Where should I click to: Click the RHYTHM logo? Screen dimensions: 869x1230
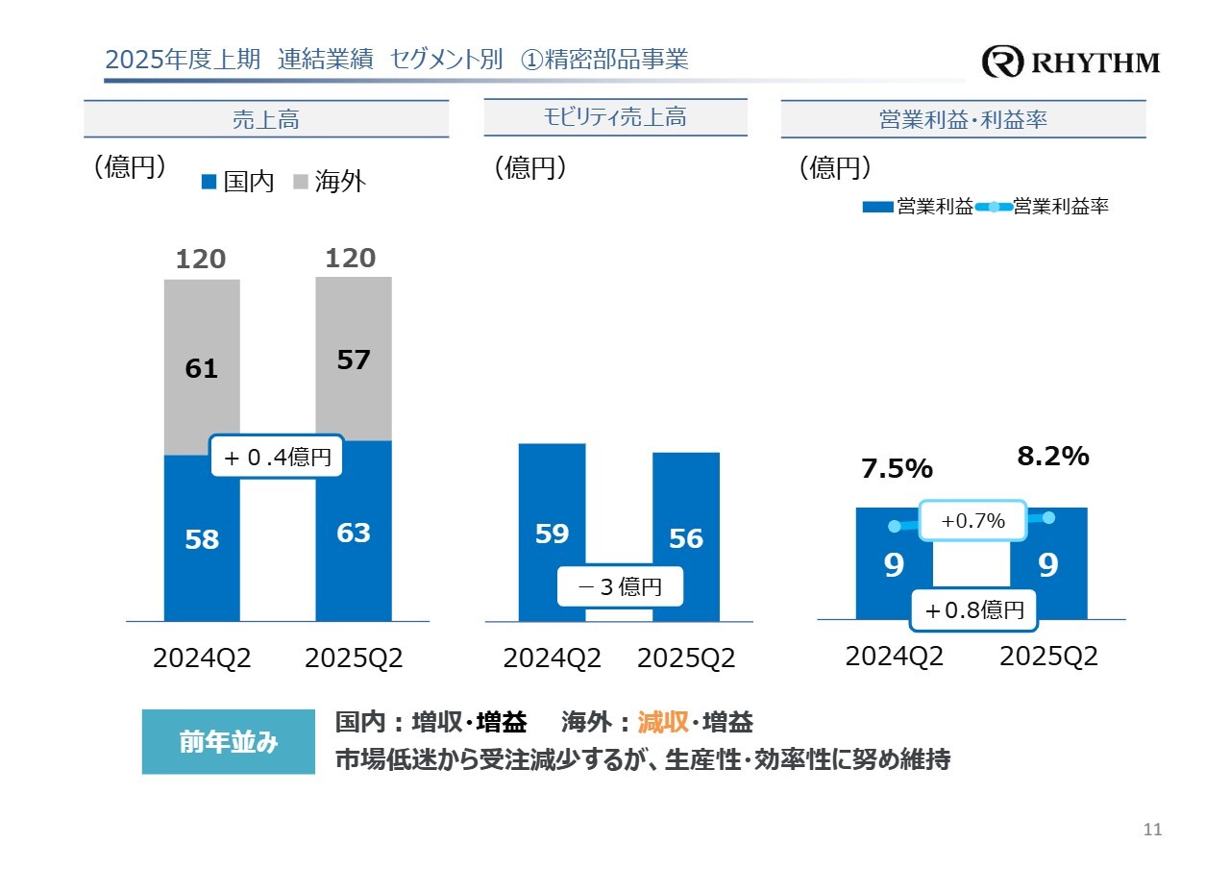[1070, 63]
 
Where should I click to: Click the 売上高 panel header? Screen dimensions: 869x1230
[266, 119]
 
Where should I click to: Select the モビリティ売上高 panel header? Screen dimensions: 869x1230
[615, 117]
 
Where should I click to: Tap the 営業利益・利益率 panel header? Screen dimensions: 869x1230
[963, 119]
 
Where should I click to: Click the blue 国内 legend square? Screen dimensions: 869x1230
[209, 181]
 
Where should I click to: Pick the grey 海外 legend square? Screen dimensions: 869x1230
[300, 181]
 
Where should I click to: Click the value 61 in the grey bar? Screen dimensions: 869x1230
[202, 368]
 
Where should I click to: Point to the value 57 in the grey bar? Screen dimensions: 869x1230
[354, 360]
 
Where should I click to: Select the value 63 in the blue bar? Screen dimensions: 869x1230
[354, 533]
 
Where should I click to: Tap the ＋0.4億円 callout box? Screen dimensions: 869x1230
[277, 458]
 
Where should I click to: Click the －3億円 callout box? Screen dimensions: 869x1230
[621, 586]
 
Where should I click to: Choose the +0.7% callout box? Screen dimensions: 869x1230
[972, 521]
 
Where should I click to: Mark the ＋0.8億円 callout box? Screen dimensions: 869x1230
[973, 609]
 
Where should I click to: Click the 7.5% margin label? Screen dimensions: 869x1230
[897, 469]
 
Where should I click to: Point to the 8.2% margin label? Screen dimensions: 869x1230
[1052, 457]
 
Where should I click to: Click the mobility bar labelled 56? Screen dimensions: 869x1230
[686, 509]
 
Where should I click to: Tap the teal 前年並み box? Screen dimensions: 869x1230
[228, 741]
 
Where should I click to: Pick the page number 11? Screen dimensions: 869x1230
[1153, 830]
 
